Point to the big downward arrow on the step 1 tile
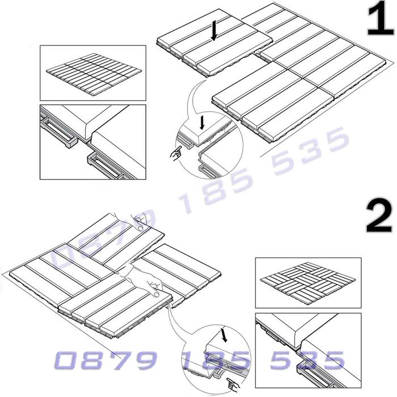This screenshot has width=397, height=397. [x=214, y=31]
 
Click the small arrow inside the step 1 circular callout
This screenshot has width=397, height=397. [x=202, y=123]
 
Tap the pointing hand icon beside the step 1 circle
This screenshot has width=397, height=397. [x=176, y=153]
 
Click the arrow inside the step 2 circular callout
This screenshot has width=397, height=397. [x=224, y=335]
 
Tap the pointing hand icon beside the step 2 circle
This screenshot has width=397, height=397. [x=233, y=385]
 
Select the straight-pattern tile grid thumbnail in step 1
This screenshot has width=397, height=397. [x=94, y=74]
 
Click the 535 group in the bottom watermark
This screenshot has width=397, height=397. [x=307, y=360]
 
